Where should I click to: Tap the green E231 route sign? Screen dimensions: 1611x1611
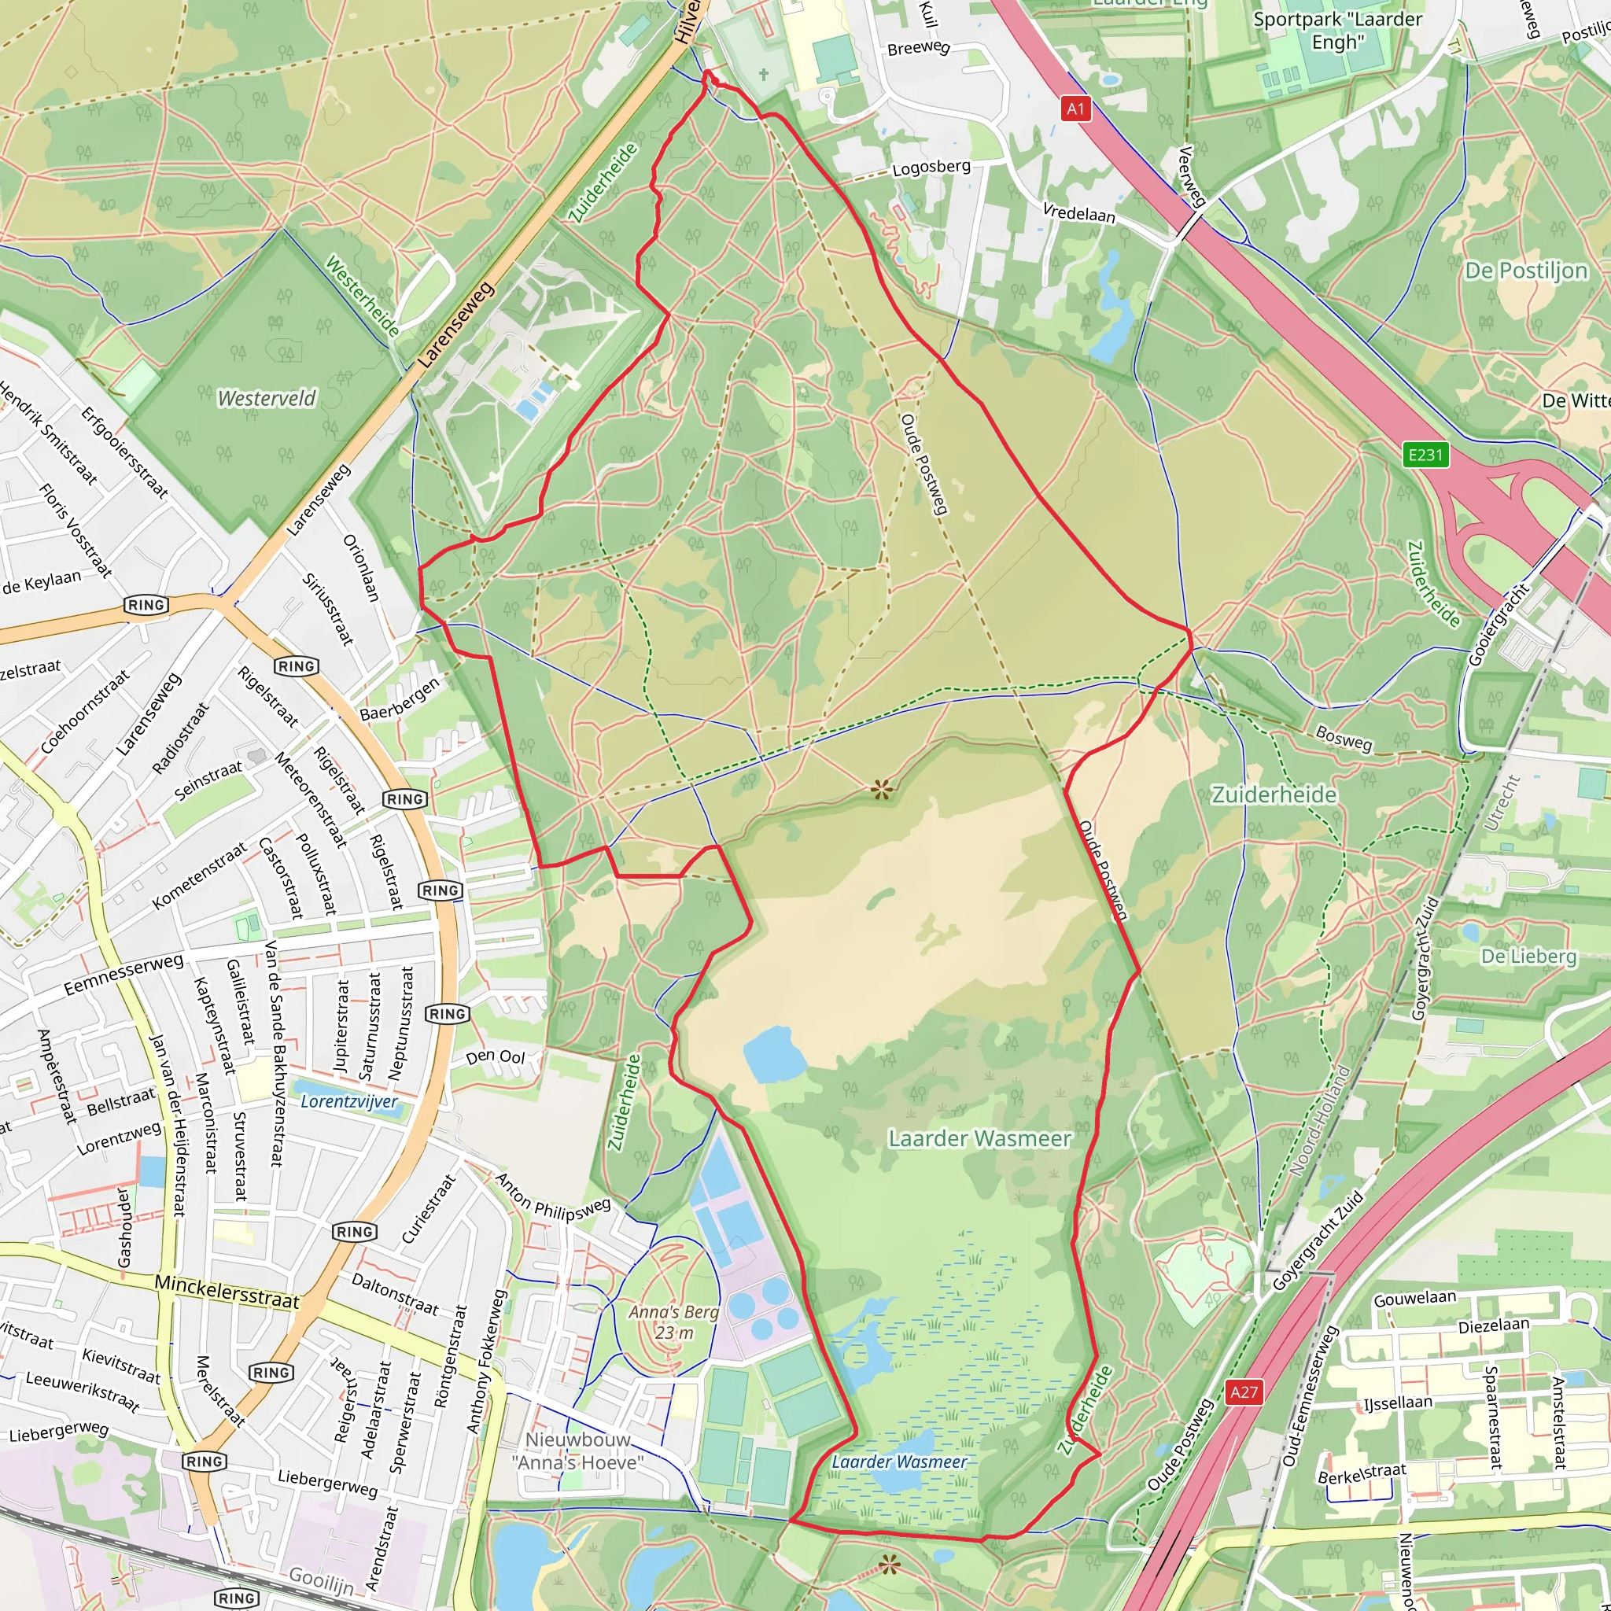[x=1425, y=455]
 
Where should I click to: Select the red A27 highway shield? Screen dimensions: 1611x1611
[x=1244, y=1392]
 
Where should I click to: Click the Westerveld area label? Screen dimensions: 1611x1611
[x=267, y=399]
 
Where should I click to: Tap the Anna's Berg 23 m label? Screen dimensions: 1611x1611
[x=674, y=1322]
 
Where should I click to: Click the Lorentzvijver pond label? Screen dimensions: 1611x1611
[x=349, y=1101]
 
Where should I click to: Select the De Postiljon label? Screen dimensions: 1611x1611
[x=1526, y=271]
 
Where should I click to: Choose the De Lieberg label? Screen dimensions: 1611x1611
[x=1528, y=957]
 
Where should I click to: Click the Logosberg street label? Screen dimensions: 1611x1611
[x=931, y=168]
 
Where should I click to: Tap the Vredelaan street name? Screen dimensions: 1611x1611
[x=1079, y=213]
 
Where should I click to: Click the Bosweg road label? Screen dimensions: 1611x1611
[x=1344, y=738]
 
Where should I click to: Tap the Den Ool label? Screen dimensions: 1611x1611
[x=496, y=1057]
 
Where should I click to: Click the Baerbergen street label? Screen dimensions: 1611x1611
[x=400, y=699]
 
